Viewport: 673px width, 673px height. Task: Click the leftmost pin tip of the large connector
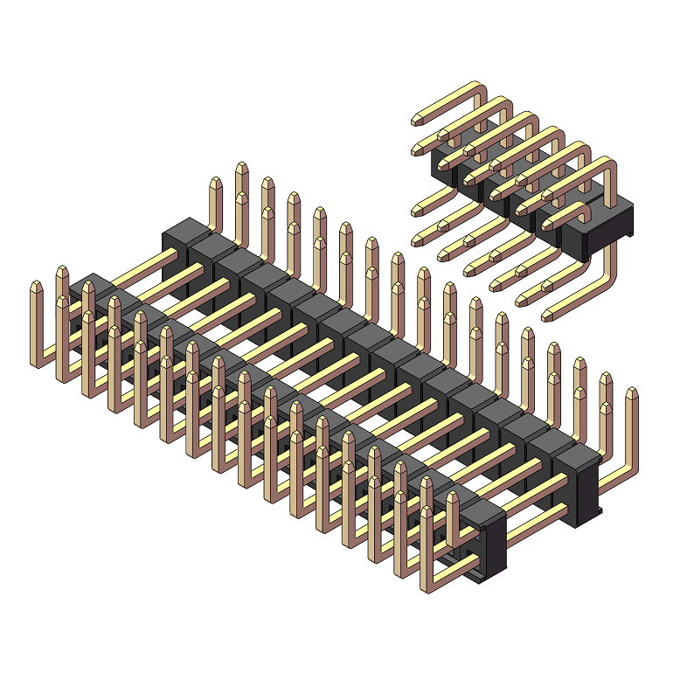(x=37, y=288)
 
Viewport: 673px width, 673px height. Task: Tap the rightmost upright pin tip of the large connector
(x=631, y=395)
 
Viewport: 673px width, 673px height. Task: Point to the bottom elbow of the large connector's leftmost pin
(x=37, y=360)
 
